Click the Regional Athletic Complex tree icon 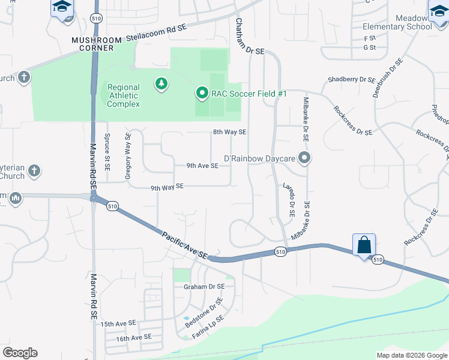(161, 83)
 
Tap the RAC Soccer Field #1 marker (202, 94)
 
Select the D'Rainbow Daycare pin (304, 158)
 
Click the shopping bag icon (364, 245)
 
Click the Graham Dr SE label (204, 287)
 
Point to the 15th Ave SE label (119, 324)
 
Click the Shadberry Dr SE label (351, 79)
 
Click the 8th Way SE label (229, 132)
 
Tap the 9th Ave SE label (202, 166)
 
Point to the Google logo (20, 353)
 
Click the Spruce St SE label (107, 152)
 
